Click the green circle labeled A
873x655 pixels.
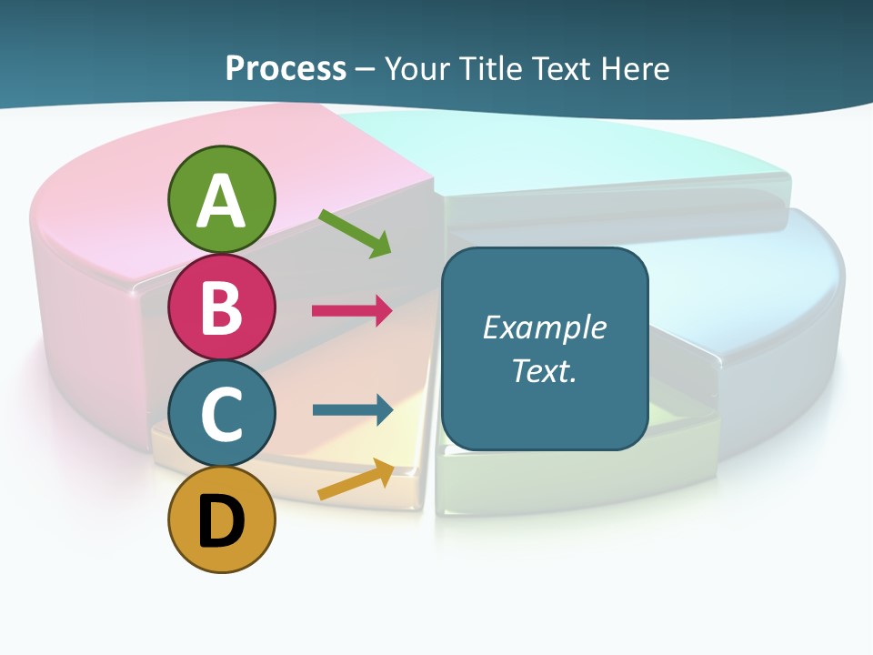(x=221, y=199)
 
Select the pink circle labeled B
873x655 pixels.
(x=221, y=307)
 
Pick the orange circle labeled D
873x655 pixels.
(x=221, y=519)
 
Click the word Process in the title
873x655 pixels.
(x=286, y=68)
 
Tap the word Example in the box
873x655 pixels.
(x=544, y=327)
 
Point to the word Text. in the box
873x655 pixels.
(x=544, y=370)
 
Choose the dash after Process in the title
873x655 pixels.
(x=365, y=70)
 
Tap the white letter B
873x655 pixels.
(x=221, y=307)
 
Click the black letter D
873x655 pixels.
(x=221, y=521)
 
